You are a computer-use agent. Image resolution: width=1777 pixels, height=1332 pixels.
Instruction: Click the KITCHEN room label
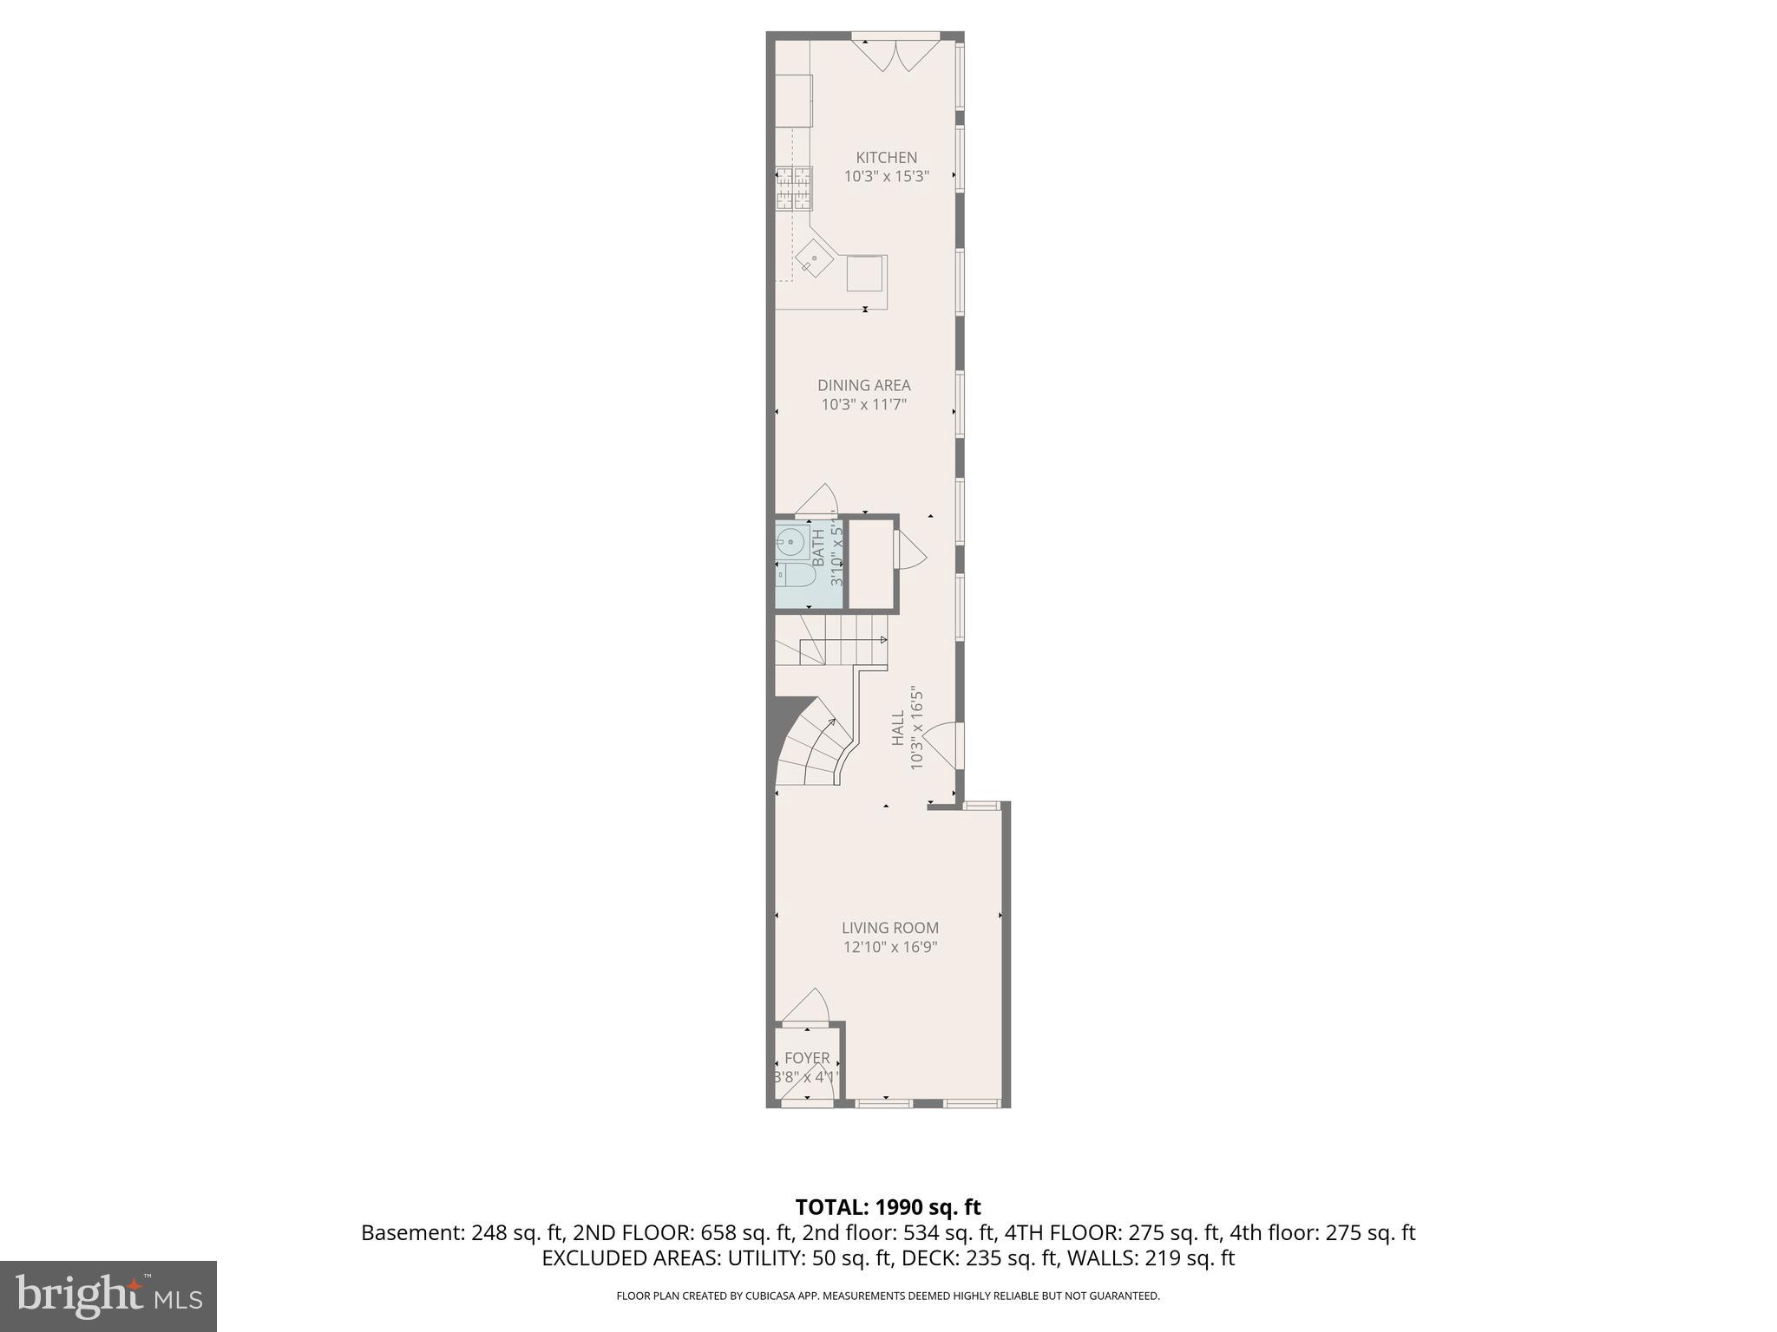point(886,158)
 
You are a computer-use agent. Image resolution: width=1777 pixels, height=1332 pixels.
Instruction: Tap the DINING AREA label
point(863,385)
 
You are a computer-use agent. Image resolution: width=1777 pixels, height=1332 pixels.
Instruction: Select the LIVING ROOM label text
point(889,928)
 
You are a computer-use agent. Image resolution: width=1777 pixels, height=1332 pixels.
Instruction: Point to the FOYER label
point(807,1058)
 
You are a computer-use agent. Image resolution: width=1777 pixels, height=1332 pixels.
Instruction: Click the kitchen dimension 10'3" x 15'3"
point(886,176)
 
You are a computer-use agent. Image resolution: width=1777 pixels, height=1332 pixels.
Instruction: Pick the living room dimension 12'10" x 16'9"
point(889,947)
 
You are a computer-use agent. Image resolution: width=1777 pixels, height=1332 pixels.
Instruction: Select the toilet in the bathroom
point(793,575)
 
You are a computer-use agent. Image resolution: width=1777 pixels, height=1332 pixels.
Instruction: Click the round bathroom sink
point(790,542)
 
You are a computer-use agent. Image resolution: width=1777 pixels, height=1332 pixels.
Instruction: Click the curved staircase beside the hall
point(812,746)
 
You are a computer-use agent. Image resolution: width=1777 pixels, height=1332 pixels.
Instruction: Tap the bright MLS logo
point(108,1296)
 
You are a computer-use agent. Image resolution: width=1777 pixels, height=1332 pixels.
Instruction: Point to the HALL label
point(897,728)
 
